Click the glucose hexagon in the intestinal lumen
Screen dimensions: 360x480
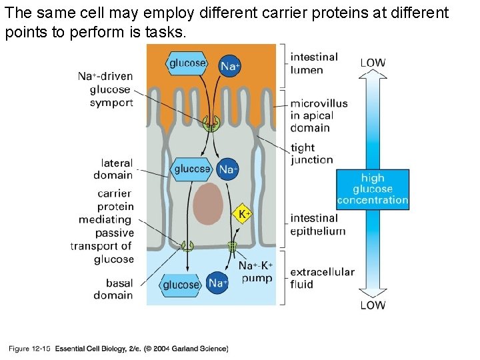187,63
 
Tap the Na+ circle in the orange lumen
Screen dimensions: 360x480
230,65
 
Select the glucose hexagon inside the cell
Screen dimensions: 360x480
192,169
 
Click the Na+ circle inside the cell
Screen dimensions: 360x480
228,169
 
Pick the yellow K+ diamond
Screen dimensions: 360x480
244,214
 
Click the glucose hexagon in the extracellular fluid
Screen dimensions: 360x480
181,285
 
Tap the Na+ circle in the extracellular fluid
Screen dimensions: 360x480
217,283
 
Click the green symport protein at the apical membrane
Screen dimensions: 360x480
211,123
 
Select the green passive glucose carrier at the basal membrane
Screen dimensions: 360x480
187,247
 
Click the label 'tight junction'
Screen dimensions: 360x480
311,153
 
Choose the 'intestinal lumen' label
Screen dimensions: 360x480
315,63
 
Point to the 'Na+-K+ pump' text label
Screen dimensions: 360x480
255,272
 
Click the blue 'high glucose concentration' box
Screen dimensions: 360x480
372,189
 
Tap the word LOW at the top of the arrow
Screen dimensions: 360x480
373,63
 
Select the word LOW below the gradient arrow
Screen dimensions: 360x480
373,305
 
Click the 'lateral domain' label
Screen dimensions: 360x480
113,169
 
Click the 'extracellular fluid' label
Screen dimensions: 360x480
322,278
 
